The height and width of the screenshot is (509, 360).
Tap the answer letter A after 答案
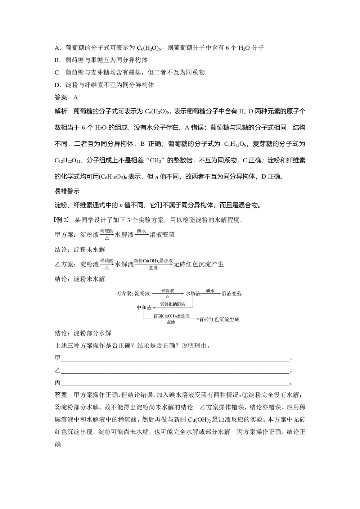[76, 97]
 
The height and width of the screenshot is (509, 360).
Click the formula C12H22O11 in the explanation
[68, 160]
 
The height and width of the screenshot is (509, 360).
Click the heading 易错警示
[67, 192]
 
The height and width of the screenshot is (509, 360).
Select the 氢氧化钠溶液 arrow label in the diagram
[172, 305]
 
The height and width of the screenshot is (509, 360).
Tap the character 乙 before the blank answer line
[58, 370]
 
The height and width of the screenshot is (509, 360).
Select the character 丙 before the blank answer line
[58, 383]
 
